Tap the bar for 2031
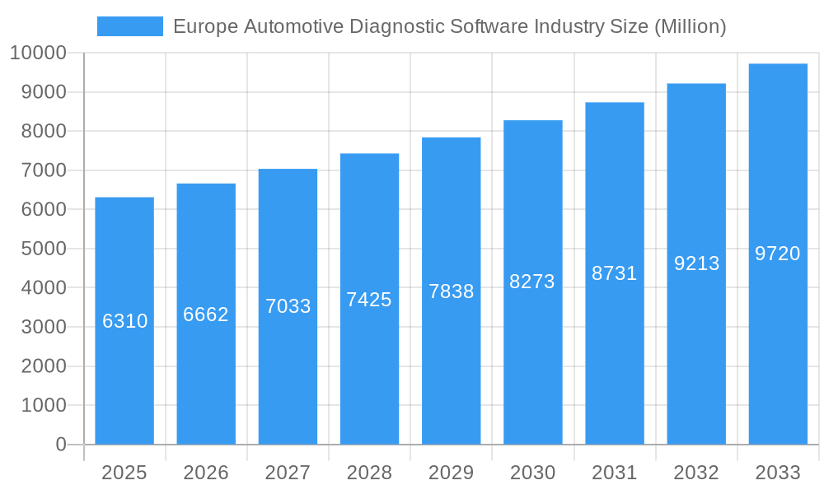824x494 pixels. [x=615, y=346]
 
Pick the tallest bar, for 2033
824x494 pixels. [x=778, y=346]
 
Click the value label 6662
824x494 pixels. [x=206, y=315]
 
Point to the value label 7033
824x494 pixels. [x=288, y=306]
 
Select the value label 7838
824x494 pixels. [x=452, y=291]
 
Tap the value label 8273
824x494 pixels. [x=532, y=282]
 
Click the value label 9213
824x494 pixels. [x=696, y=263]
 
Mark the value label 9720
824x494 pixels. [x=778, y=254]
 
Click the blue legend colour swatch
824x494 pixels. [x=130, y=26]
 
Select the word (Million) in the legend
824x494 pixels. [x=690, y=26]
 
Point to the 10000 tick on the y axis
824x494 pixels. [x=38, y=54]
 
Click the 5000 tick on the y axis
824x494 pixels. [x=43, y=249]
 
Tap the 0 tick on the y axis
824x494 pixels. [x=60, y=445]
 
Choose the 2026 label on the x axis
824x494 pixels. [x=206, y=473]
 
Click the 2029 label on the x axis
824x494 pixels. [x=452, y=473]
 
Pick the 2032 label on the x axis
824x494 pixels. [x=696, y=473]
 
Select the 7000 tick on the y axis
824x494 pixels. [x=43, y=170]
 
